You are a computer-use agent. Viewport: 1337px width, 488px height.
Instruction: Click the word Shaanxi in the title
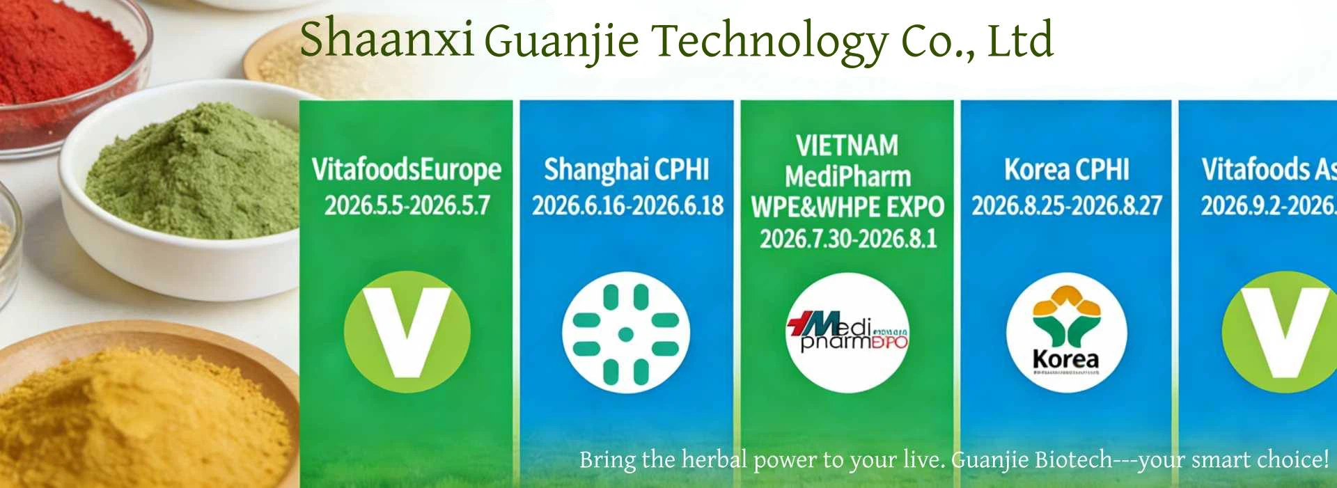tap(386, 39)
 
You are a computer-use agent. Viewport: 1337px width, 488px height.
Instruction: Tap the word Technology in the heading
tap(769, 42)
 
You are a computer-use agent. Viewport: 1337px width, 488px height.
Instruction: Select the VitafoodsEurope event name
tap(406, 170)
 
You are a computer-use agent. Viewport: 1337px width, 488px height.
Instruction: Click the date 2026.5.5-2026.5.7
tap(407, 205)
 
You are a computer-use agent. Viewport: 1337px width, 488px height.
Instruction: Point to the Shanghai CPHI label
tap(626, 170)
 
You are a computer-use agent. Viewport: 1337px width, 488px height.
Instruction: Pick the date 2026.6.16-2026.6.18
tap(627, 205)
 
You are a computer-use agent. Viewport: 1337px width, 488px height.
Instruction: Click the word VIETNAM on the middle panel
tap(847, 145)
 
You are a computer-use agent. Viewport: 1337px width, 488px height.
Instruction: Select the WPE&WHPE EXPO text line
tap(847, 207)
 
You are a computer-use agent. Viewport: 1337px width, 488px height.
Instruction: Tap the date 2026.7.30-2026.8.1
tap(847, 239)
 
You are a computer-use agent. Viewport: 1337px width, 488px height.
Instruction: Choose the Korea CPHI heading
tap(1066, 170)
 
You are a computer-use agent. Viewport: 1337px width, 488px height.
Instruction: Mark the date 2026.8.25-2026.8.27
tap(1066, 205)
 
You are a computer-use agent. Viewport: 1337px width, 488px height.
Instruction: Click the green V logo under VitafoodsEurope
tap(407, 332)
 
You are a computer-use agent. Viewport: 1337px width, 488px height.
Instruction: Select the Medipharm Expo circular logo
tap(847, 333)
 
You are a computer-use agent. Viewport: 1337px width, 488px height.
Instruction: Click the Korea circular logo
tap(1066, 333)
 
